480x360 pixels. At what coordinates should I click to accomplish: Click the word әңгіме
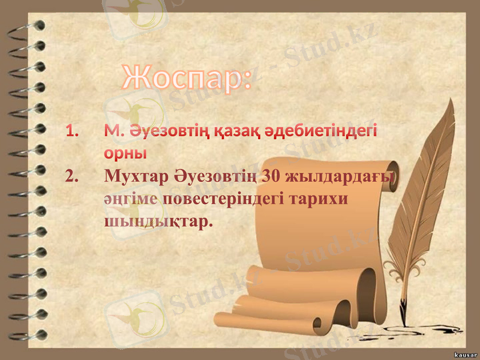point(131,200)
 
